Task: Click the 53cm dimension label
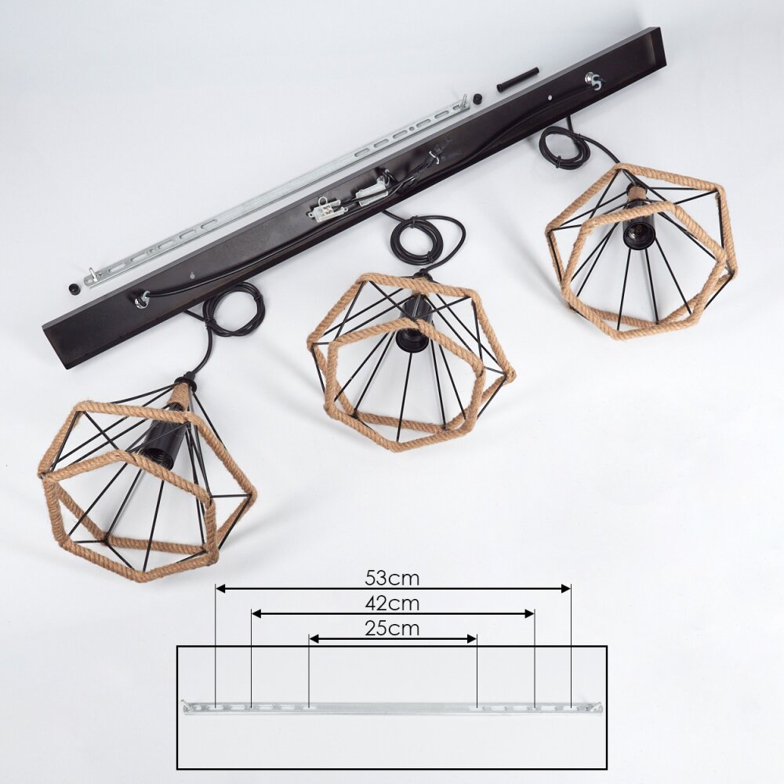392,578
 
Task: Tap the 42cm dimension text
392,604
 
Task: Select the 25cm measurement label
392,629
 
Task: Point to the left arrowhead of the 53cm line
220,589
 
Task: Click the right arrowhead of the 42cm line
530,614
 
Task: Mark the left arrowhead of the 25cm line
314,639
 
